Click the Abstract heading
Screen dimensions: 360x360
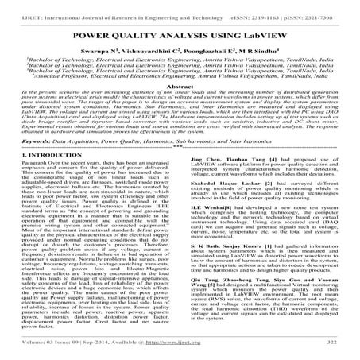180,87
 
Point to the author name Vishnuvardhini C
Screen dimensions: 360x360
159,50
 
